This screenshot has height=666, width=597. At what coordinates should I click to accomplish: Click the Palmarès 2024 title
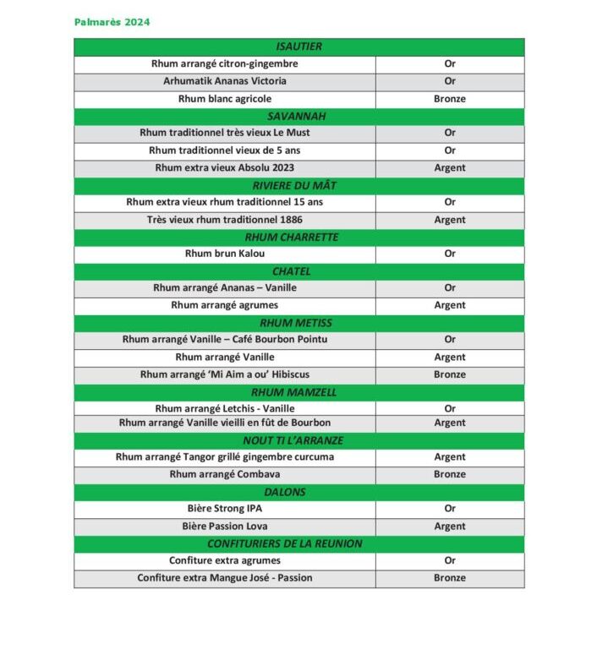[112, 22]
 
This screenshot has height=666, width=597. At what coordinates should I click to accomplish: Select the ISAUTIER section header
[298, 46]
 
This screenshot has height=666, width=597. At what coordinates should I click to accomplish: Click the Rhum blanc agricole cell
[224, 99]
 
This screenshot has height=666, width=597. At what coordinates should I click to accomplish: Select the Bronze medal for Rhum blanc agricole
[449, 99]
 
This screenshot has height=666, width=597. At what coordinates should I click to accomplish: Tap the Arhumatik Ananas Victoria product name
[224, 81]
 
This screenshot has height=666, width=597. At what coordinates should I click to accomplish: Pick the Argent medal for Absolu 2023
[449, 167]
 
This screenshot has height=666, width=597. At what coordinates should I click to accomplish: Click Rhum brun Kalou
[224, 254]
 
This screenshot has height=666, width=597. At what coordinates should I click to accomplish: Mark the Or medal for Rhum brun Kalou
[449, 254]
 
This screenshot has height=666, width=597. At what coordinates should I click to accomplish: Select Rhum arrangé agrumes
[224, 305]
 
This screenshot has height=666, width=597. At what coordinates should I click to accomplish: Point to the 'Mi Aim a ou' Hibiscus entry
[224, 374]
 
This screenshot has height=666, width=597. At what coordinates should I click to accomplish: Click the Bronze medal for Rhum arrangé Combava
[449, 474]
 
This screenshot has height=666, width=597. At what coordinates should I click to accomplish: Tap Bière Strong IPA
[224, 509]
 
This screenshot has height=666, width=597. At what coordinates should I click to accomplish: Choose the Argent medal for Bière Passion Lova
[449, 526]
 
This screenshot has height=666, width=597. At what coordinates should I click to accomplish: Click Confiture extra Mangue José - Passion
[224, 578]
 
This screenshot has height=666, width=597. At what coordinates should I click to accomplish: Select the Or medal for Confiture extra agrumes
[449, 560]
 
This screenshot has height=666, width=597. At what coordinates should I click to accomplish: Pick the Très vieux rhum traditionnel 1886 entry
[224, 220]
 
